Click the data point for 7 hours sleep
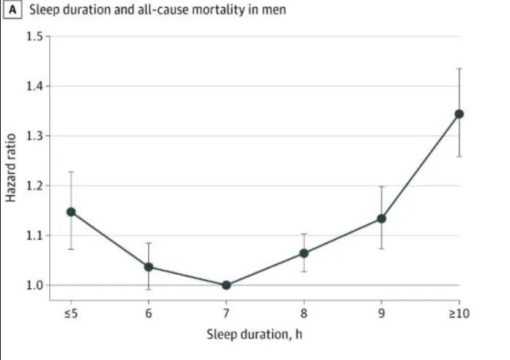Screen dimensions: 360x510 coord(226,285)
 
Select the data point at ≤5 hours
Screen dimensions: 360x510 coord(71,212)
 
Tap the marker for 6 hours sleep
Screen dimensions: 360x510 coord(149,267)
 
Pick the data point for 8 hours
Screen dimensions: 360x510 coord(304,254)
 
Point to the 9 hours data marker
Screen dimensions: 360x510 coord(382,218)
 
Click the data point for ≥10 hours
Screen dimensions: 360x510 coord(459,114)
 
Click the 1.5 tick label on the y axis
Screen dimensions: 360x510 coord(35,37)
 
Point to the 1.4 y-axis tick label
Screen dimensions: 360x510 coord(35,87)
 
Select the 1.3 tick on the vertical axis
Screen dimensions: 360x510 coord(35,136)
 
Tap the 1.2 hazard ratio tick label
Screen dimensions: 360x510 coord(35,186)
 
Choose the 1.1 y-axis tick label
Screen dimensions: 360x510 coord(35,235)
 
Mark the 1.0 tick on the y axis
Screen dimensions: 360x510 coord(35,285)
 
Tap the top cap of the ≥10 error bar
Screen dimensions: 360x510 coord(459,68)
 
